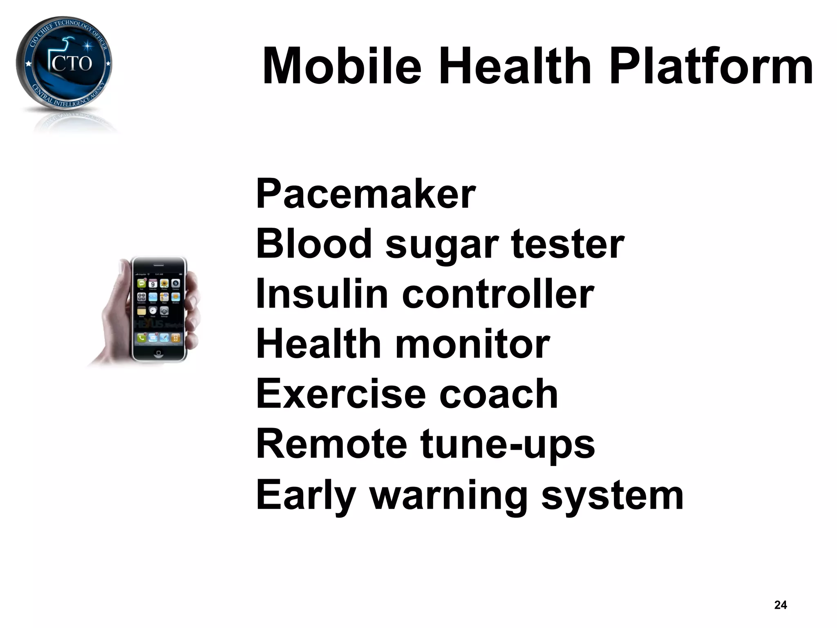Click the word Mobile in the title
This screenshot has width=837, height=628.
342,66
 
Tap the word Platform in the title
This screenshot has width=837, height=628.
711,66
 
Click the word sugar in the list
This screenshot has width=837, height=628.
442,245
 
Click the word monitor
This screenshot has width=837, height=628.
472,344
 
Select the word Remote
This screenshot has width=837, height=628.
331,444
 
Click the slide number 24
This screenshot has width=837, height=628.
780,605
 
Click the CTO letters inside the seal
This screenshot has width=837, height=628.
72,63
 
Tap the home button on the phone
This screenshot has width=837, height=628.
159,353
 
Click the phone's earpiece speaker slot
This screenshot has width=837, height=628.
159,265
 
